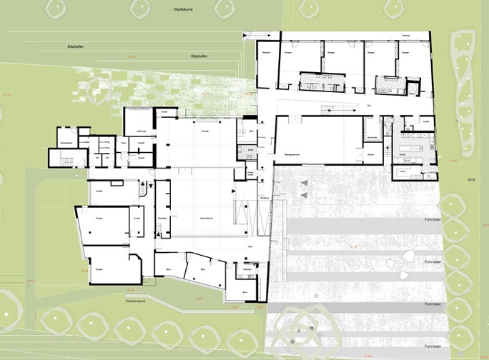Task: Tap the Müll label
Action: pyautogui.click(x=470, y=179)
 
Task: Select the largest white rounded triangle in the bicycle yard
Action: pyautogui.click(x=410, y=258)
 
